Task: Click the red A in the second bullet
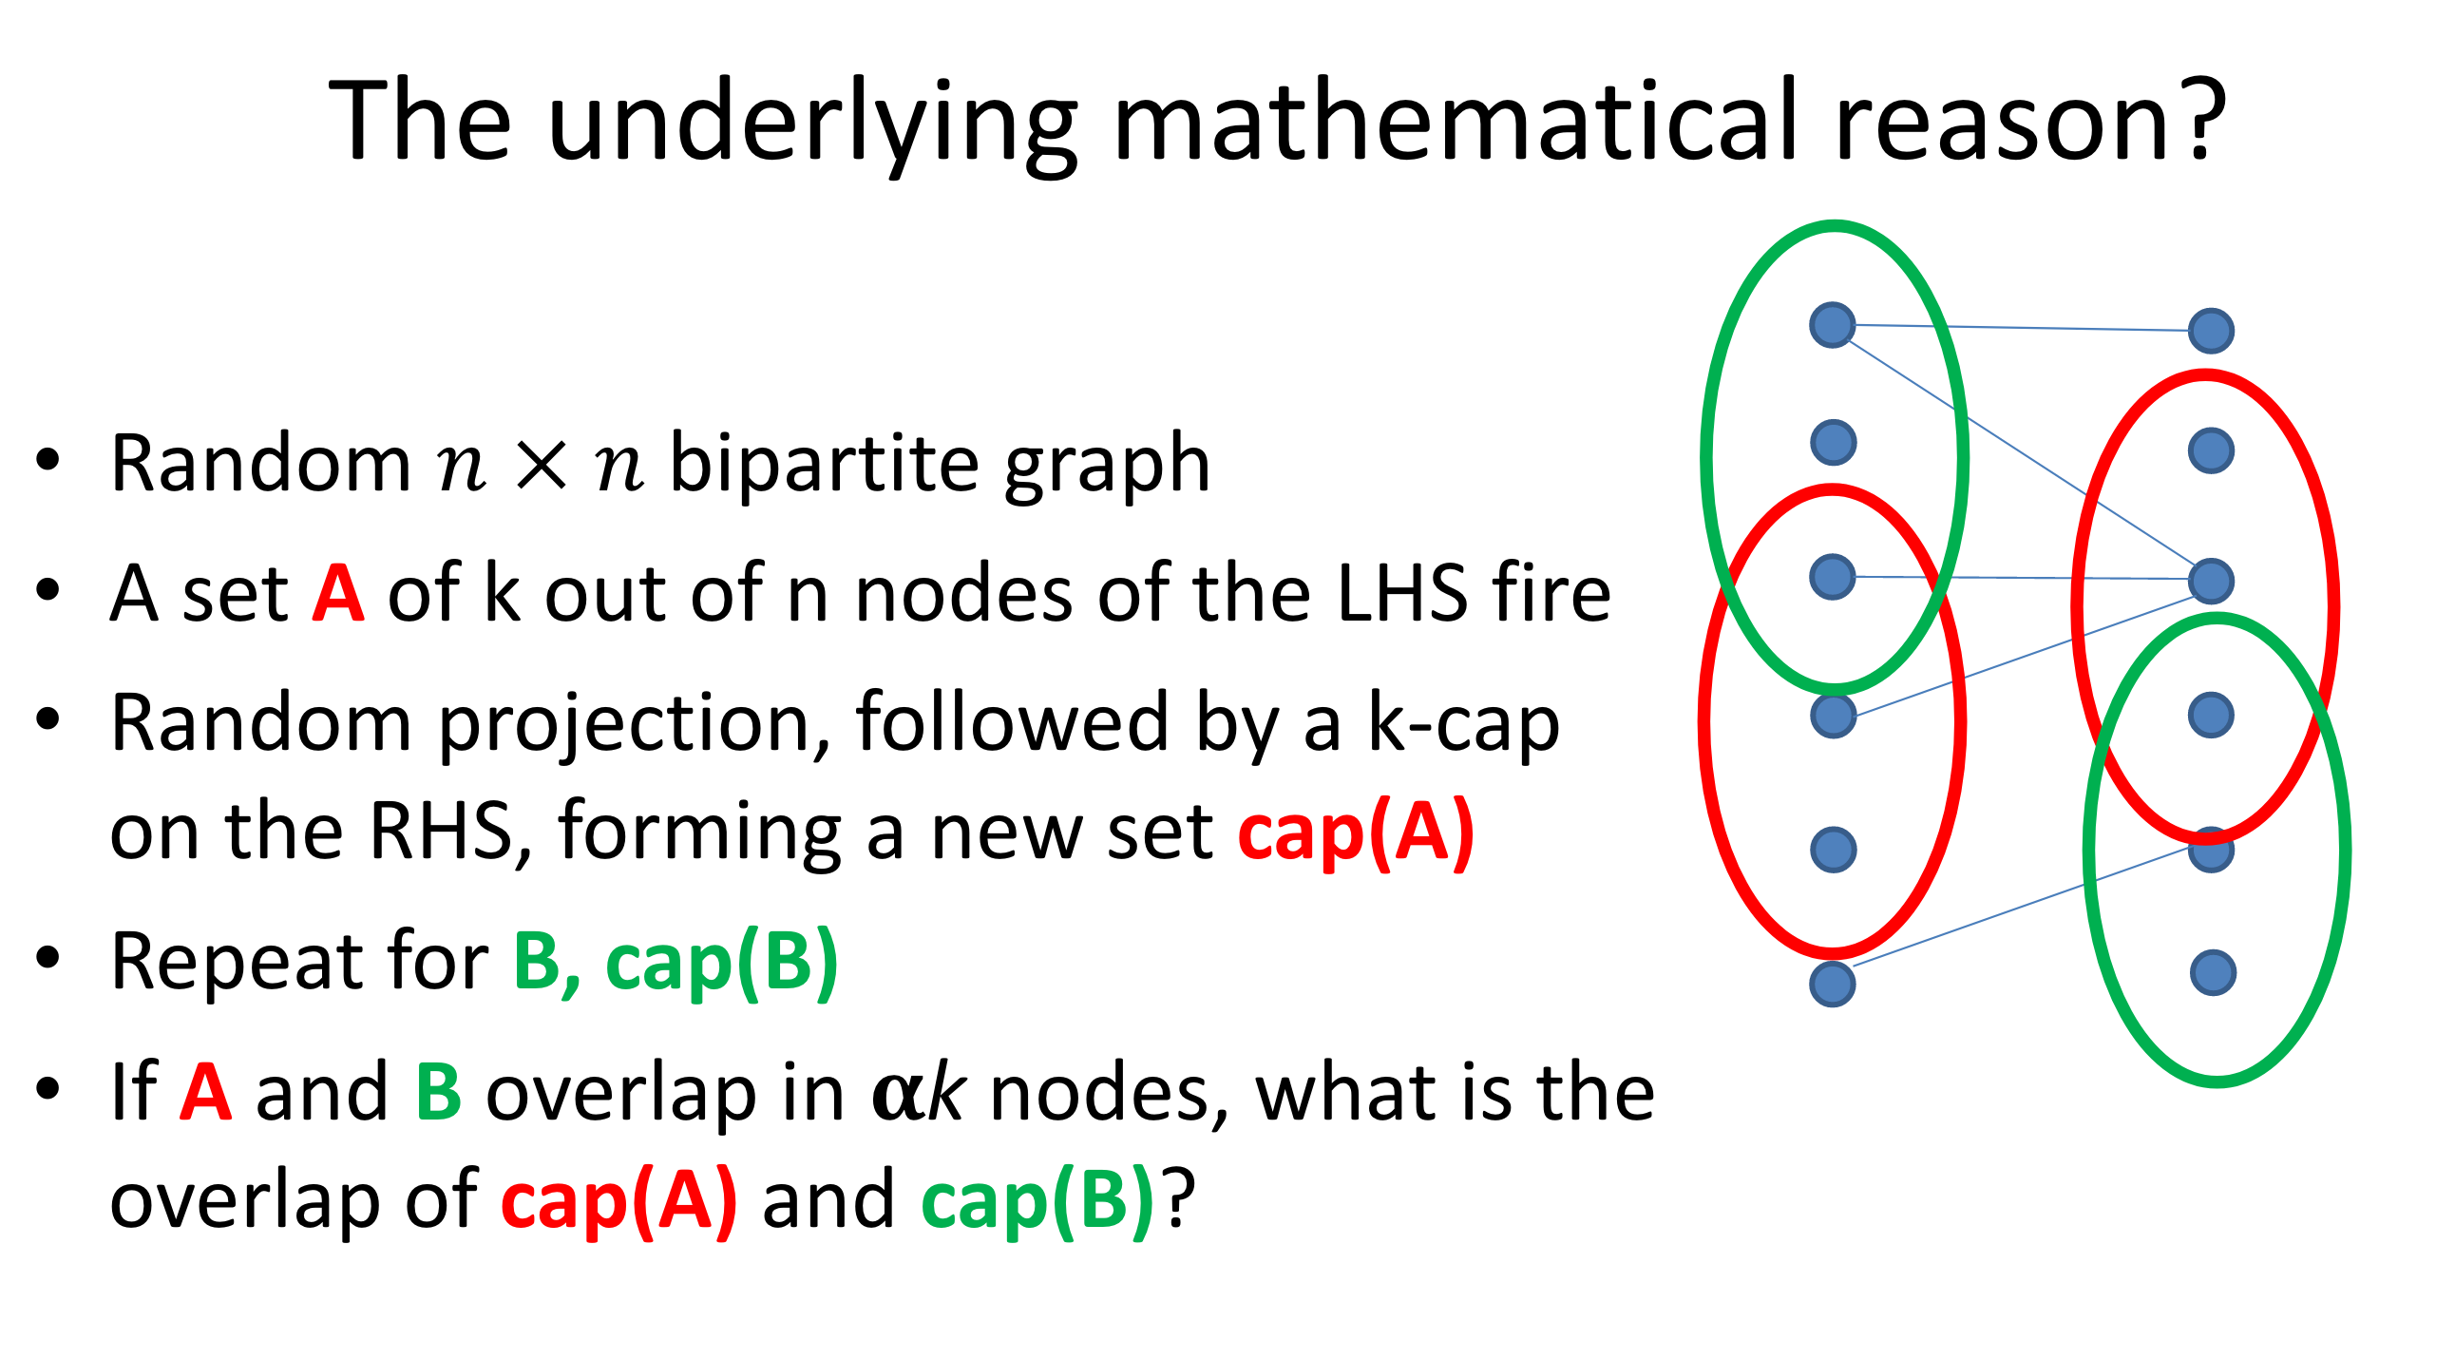click(x=338, y=594)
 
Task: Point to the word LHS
click(x=1402, y=594)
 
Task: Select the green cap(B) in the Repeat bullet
click(x=721, y=963)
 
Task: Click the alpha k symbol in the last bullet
click(x=919, y=1094)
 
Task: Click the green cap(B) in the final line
click(x=1037, y=1201)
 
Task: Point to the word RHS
click(x=441, y=831)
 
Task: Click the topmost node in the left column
click(x=1832, y=325)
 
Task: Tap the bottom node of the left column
click(x=1832, y=984)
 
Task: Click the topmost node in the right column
click(x=2211, y=331)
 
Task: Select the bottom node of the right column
click(x=2212, y=973)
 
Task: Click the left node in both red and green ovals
click(x=1832, y=577)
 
